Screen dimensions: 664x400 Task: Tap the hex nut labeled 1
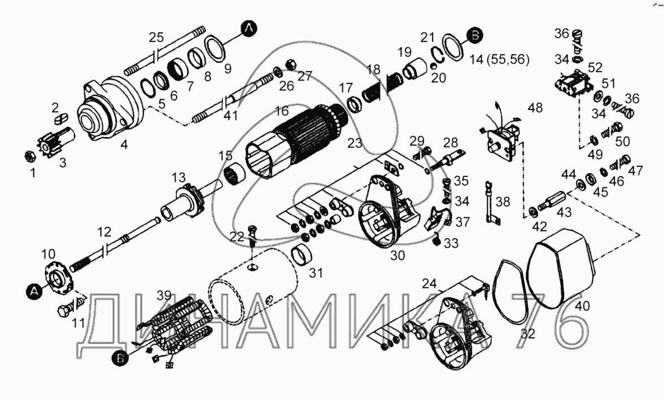(x=29, y=156)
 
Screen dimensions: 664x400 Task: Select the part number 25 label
(x=156, y=38)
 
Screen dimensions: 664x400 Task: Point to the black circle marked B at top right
(x=475, y=35)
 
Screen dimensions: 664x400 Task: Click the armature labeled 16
(x=296, y=140)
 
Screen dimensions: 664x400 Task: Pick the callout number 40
(x=582, y=306)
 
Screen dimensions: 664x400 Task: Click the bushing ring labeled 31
(x=302, y=255)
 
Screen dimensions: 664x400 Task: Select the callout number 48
(x=535, y=108)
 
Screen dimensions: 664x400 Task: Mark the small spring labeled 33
(x=436, y=241)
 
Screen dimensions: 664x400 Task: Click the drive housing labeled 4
(x=111, y=109)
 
